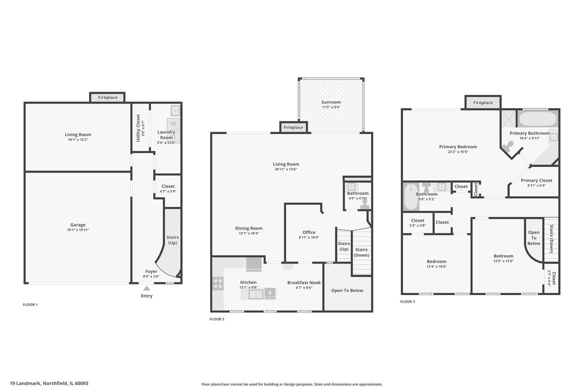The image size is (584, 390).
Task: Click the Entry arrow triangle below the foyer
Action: [146, 288]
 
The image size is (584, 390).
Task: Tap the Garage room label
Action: [78, 225]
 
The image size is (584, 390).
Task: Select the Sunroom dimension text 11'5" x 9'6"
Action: [331, 107]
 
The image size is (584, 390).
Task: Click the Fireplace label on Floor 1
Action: [108, 97]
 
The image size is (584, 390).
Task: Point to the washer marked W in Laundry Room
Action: [173, 124]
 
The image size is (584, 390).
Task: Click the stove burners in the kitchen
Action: [218, 283]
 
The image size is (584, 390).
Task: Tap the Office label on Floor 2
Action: [309, 232]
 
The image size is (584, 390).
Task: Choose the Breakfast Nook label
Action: [304, 282]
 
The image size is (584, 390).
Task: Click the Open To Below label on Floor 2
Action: [347, 290]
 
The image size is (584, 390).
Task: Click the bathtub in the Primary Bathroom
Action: [537, 119]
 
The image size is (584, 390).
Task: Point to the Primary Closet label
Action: [536, 180]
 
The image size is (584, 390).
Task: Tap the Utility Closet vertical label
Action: [138, 128]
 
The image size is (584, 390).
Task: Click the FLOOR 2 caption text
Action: [217, 319]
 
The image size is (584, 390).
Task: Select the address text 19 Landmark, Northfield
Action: [49, 383]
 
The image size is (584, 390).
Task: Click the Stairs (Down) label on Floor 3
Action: [551, 239]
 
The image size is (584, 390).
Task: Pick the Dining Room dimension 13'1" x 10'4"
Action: [249, 233]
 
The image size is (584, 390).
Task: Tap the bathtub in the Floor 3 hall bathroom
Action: [411, 197]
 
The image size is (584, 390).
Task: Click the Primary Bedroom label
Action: [458, 147]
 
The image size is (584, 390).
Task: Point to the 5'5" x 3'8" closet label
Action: [417, 225]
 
